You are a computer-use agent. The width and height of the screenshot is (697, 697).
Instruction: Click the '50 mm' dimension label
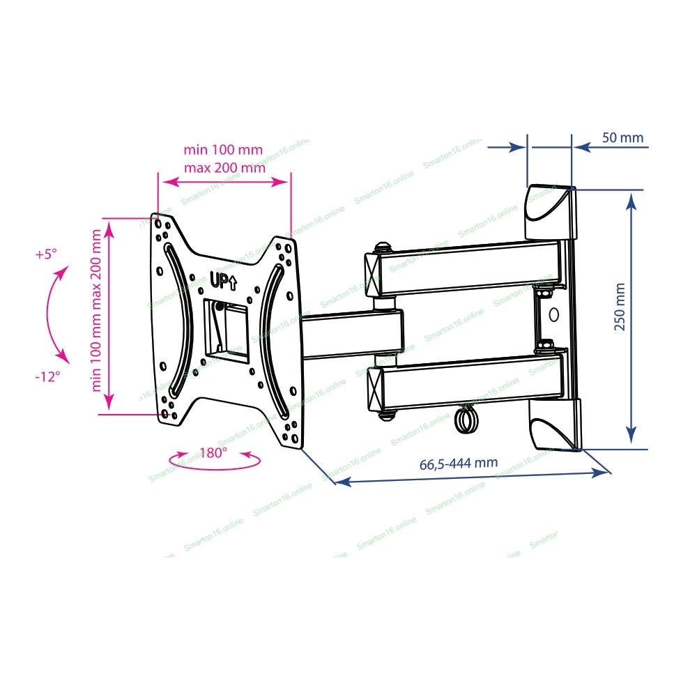622,138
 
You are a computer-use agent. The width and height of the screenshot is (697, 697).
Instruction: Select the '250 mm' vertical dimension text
620,307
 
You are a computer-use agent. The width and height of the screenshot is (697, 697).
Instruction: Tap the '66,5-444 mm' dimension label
459,464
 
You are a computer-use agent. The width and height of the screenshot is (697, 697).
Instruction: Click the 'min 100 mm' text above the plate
223,149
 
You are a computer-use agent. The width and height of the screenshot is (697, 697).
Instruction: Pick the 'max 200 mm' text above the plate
225,168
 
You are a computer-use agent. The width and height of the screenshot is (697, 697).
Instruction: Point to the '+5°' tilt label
46,254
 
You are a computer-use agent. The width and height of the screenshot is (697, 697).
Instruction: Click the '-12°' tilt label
47,377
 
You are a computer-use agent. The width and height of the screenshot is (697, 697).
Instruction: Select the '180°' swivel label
213,453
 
